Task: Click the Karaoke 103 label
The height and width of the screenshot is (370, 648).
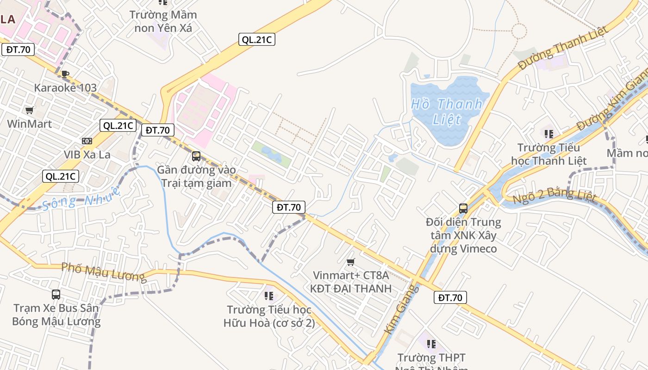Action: pyautogui.click(x=65, y=87)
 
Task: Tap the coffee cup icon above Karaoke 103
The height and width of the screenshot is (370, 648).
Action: pyautogui.click(x=65, y=74)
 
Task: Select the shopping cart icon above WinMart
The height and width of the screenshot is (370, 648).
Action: pyautogui.click(x=29, y=110)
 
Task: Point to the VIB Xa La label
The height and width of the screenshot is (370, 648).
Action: pyautogui.click(x=87, y=154)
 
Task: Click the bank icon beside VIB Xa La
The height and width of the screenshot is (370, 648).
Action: pyautogui.click(x=87, y=141)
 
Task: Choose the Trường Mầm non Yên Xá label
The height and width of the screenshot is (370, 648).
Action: pyautogui.click(x=163, y=21)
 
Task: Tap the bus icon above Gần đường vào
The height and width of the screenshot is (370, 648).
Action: pyautogui.click(x=196, y=156)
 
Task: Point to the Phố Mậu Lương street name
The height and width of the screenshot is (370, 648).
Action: pyautogui.click(x=104, y=272)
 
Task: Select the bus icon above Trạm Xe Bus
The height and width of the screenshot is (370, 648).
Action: pyautogui.click(x=56, y=295)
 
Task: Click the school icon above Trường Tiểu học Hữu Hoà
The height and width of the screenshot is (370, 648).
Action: pyautogui.click(x=268, y=296)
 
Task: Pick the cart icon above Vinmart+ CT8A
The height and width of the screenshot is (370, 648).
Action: pyautogui.click(x=351, y=262)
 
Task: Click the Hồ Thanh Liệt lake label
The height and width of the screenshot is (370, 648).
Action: pyautogui.click(x=447, y=111)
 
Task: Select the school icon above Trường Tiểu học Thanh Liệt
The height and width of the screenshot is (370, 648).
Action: pyautogui.click(x=549, y=135)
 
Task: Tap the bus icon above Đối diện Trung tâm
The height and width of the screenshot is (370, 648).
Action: pyautogui.click(x=463, y=209)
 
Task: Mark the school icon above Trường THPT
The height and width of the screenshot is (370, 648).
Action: pyautogui.click(x=431, y=344)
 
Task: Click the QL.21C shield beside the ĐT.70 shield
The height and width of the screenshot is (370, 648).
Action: pyautogui.click(x=118, y=125)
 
